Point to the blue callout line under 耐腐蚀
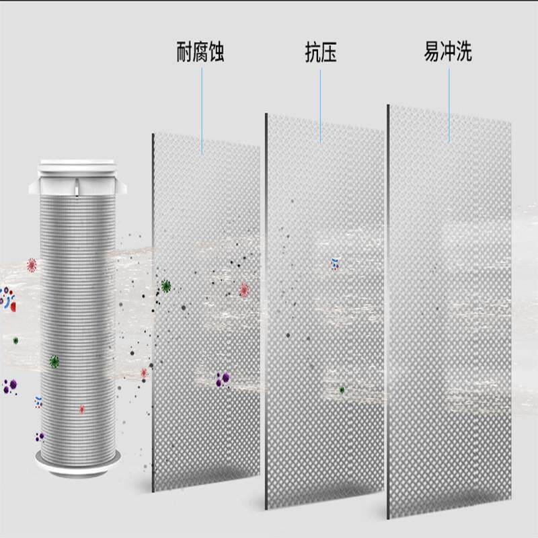coord(201,108)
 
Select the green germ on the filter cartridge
coord(54,361)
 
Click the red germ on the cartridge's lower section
coord(82,408)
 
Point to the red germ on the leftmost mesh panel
coord(244,290)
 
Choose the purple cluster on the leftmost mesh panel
coord(221,380)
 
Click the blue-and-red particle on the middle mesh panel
coord(336,263)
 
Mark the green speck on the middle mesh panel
coord(342,389)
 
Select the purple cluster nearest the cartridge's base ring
coord(40,436)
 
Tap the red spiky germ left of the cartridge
coord(31,264)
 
